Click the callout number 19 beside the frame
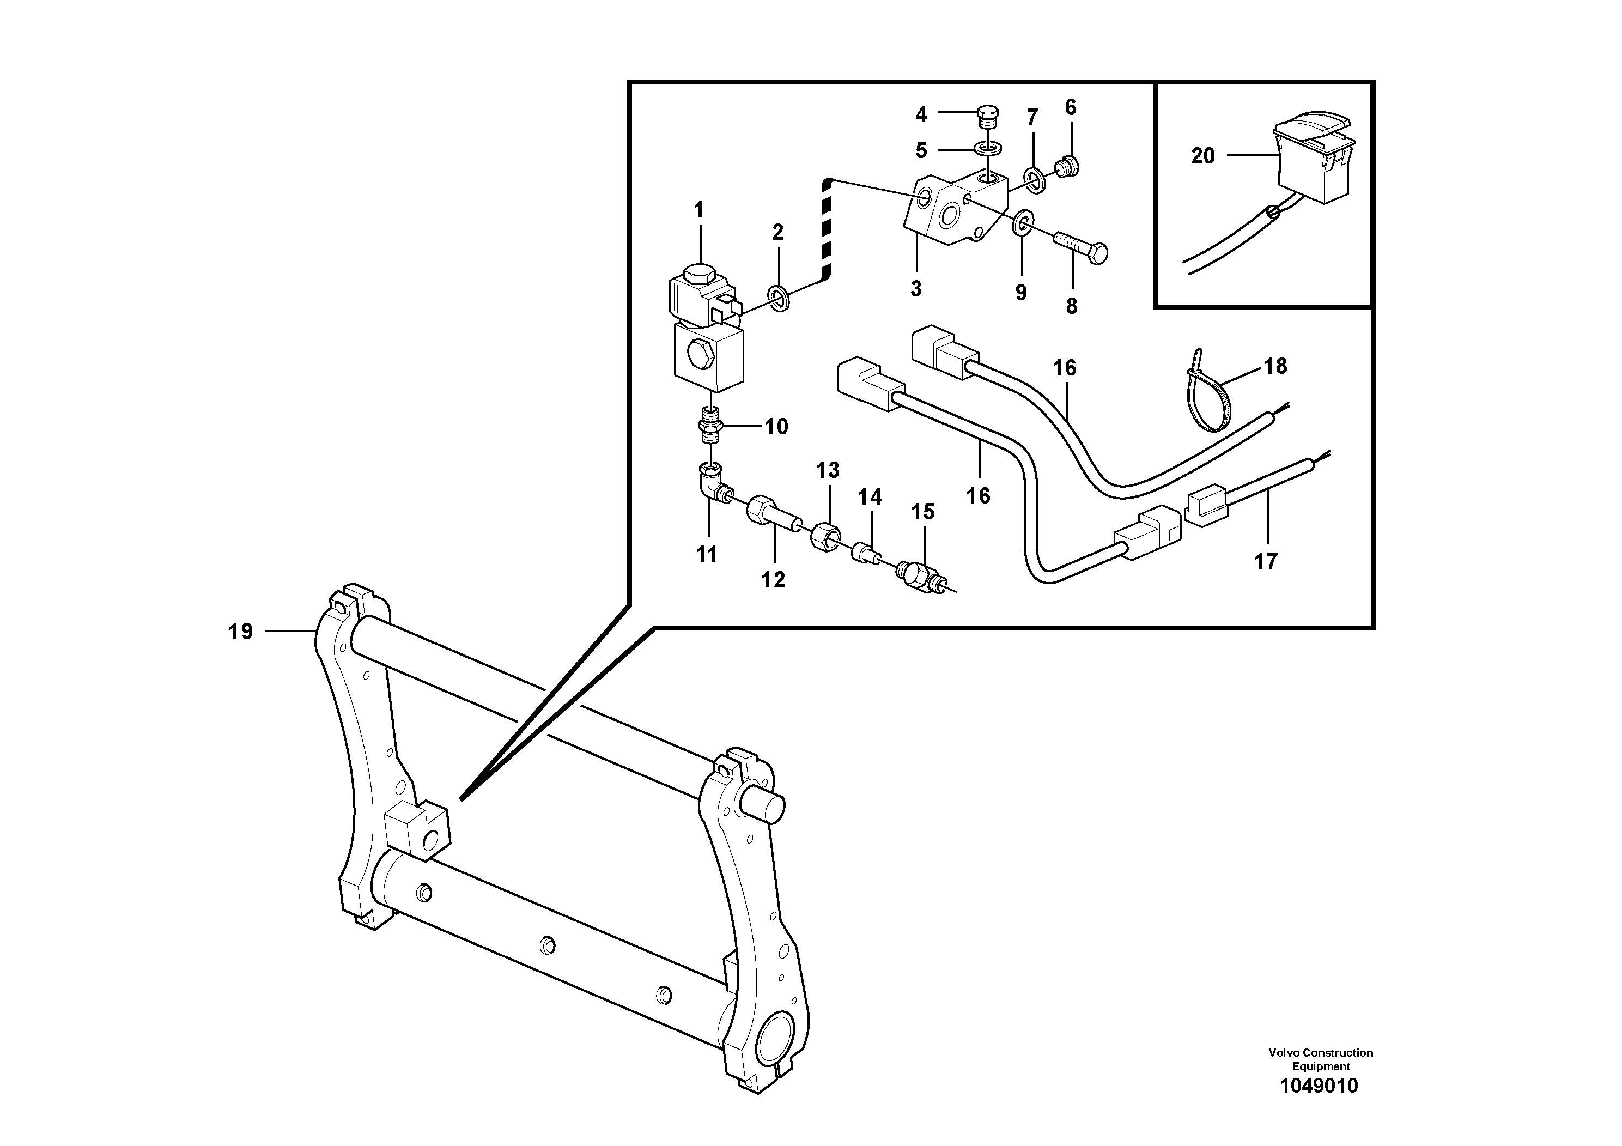point(240,631)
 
